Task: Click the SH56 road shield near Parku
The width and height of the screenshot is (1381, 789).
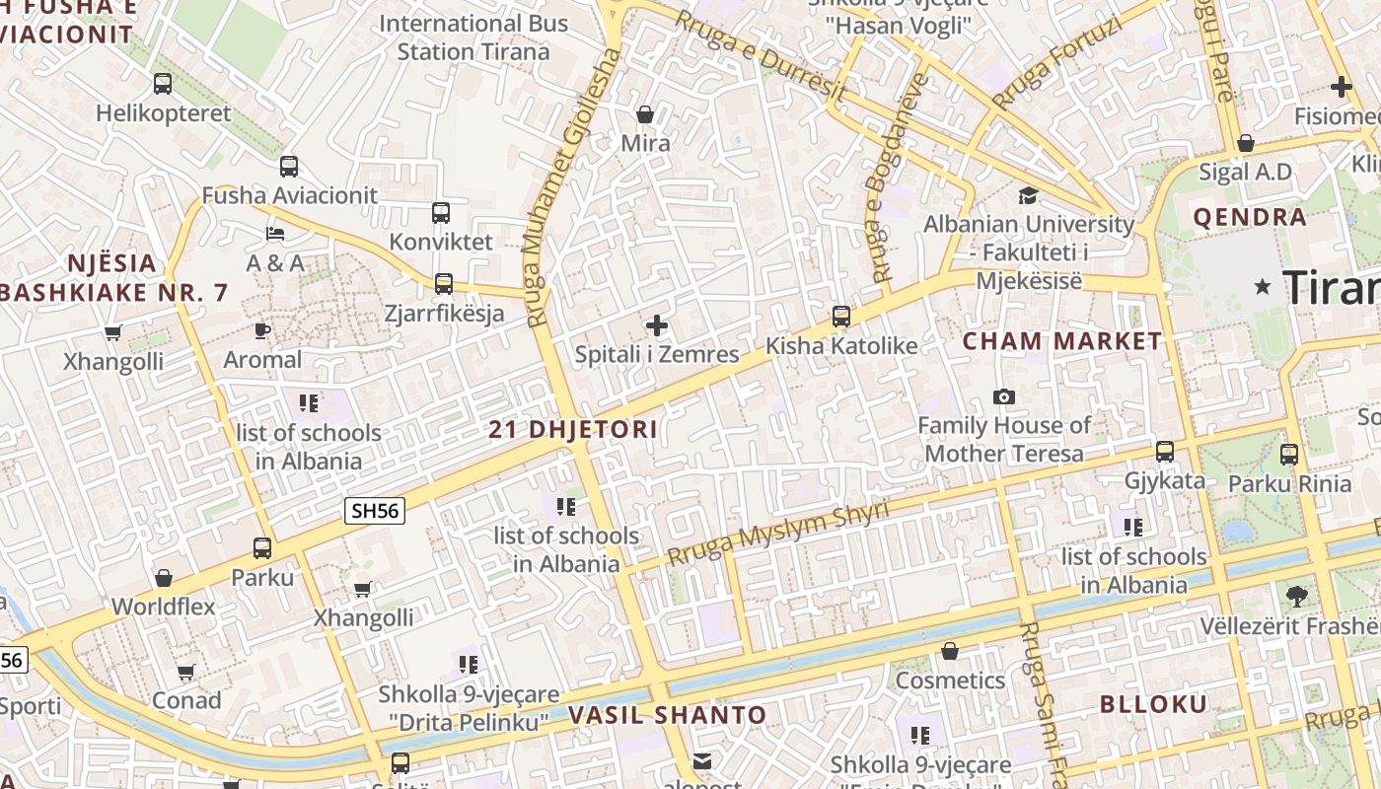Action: [x=375, y=510]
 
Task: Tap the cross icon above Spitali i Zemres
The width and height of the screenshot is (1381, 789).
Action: [x=657, y=325]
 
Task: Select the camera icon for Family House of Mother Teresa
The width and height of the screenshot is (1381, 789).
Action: [x=1004, y=396]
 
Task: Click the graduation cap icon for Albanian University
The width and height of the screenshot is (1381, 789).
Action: [x=1028, y=195]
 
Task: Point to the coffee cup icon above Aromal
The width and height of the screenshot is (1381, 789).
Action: [x=262, y=330]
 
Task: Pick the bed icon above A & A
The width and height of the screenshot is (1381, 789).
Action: [x=275, y=234]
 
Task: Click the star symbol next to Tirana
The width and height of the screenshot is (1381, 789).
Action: [x=1262, y=287]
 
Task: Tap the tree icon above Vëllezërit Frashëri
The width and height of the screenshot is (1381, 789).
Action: [x=1296, y=596]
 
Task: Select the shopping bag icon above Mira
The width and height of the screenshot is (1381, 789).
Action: [x=645, y=114]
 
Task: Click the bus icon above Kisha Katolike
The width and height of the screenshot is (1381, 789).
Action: [x=841, y=316]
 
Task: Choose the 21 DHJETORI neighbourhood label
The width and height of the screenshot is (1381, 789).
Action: [x=573, y=430]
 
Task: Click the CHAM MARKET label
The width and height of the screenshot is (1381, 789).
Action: [x=1062, y=341]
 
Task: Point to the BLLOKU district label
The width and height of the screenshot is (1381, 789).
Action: [x=1153, y=704]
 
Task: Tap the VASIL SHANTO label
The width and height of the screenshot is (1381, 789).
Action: [x=667, y=715]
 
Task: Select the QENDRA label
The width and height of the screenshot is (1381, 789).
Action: [x=1250, y=217]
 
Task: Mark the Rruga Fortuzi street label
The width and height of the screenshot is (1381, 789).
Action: [x=1057, y=63]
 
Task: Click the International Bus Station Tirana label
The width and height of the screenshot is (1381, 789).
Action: [x=473, y=37]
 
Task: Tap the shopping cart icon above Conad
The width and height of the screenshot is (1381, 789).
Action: [x=185, y=672]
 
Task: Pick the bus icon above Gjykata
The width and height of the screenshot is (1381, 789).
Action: [x=1165, y=452]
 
